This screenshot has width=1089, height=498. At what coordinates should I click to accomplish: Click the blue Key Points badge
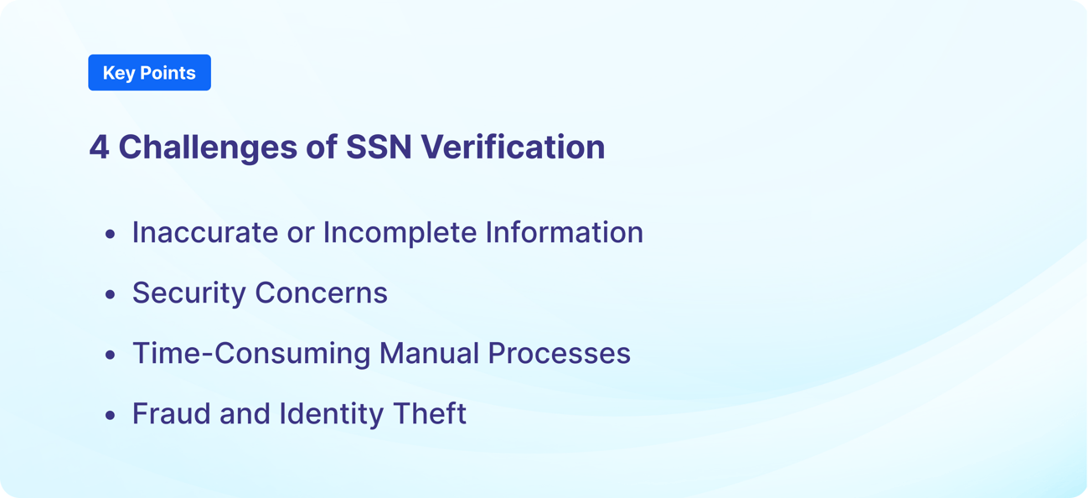[x=149, y=73]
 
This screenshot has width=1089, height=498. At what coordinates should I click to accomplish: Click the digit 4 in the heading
[x=99, y=148]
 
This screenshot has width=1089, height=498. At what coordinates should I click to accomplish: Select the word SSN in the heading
[x=378, y=148]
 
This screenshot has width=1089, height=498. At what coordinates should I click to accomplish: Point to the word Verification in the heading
[x=513, y=148]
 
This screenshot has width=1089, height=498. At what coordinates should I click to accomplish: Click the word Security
[x=189, y=293]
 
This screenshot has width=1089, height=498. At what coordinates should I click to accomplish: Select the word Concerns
[x=322, y=293]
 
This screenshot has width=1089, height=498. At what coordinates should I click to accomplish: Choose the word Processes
[x=559, y=354]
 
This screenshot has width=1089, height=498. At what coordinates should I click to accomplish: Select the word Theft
[x=429, y=414]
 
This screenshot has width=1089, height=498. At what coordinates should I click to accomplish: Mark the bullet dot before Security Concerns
[x=110, y=295]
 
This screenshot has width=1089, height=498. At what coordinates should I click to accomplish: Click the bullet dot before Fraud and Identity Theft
[x=110, y=416]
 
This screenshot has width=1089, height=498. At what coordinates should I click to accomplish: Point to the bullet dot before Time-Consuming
[x=110, y=355]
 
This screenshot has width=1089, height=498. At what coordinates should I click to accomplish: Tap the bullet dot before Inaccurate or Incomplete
[x=110, y=235]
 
